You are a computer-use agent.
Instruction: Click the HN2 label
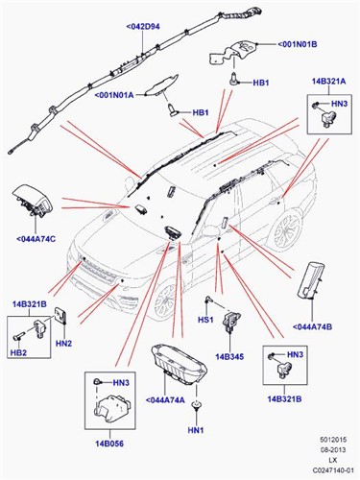64,343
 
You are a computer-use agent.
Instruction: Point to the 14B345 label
230,357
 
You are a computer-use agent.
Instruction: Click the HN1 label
195,429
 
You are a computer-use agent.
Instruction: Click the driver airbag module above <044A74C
36,204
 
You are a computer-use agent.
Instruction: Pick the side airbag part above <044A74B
315,285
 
